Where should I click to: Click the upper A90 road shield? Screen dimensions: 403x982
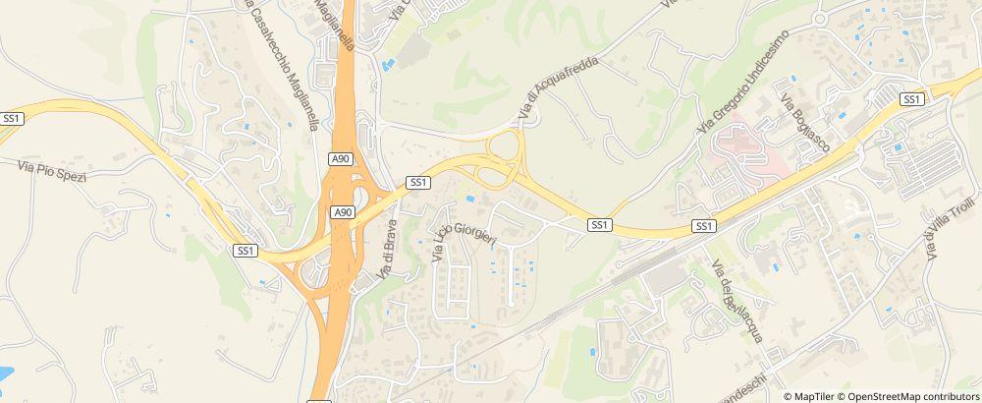(x=340, y=158)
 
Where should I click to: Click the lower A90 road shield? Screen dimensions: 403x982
(x=343, y=211)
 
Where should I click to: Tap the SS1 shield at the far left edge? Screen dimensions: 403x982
(x=12, y=117)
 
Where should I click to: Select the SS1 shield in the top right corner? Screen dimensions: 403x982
(x=912, y=98)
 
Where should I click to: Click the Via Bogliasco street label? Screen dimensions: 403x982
(x=805, y=123)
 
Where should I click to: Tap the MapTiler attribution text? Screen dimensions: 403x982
(x=814, y=395)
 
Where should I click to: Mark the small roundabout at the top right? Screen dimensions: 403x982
(x=818, y=19)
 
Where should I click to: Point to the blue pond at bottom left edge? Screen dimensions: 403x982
(x=5, y=374)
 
